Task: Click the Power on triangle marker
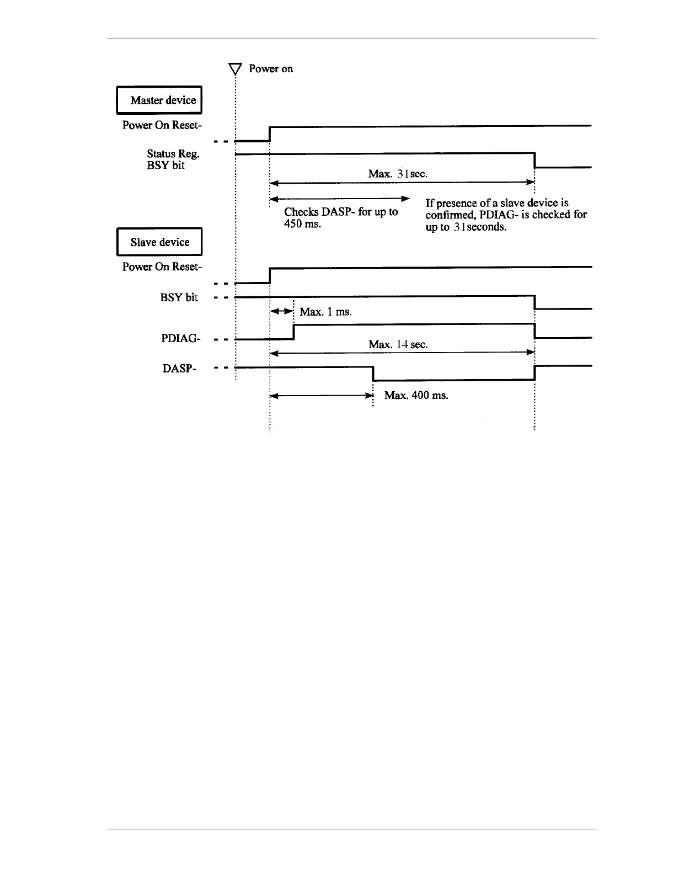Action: coord(236,69)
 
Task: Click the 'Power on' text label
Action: coord(271,69)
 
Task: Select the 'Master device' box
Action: coord(159,100)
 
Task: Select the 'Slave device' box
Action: coord(159,242)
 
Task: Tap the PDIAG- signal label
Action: coord(179,338)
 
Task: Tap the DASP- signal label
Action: coord(180,369)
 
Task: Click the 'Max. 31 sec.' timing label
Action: coord(398,174)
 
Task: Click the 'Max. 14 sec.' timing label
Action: coord(398,344)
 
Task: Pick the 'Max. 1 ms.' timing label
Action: coord(325,312)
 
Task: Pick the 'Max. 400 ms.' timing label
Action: coord(416,396)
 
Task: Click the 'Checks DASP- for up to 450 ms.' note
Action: coord(340,218)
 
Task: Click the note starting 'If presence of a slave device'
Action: coord(506,215)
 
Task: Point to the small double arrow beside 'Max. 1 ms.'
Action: coord(281,311)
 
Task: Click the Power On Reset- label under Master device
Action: coord(162,125)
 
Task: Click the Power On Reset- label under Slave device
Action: coord(162,267)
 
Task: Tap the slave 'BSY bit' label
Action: coord(179,297)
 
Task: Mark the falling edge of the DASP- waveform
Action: coord(373,374)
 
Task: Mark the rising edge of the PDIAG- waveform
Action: coord(294,332)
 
